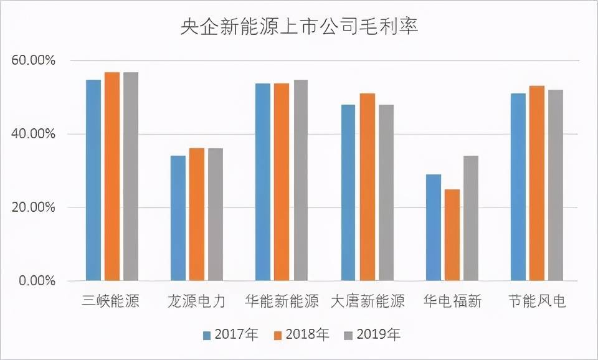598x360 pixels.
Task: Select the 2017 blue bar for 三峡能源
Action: (93, 180)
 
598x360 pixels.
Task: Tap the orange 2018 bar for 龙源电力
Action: (197, 214)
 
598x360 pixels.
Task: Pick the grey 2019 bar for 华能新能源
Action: (300, 180)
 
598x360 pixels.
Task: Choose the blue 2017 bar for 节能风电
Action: (518, 187)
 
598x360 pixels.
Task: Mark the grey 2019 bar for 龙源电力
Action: (216, 214)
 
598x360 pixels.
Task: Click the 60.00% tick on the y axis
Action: (34, 61)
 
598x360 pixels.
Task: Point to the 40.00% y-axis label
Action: (34, 134)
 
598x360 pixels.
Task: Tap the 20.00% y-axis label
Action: (34, 207)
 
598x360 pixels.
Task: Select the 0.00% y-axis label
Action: (37, 281)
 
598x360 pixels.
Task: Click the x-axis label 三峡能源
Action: (111, 302)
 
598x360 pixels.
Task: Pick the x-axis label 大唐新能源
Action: (368, 302)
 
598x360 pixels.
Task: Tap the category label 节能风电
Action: (537, 302)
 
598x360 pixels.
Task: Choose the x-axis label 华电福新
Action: (453, 302)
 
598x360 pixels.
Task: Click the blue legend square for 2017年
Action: (207, 335)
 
